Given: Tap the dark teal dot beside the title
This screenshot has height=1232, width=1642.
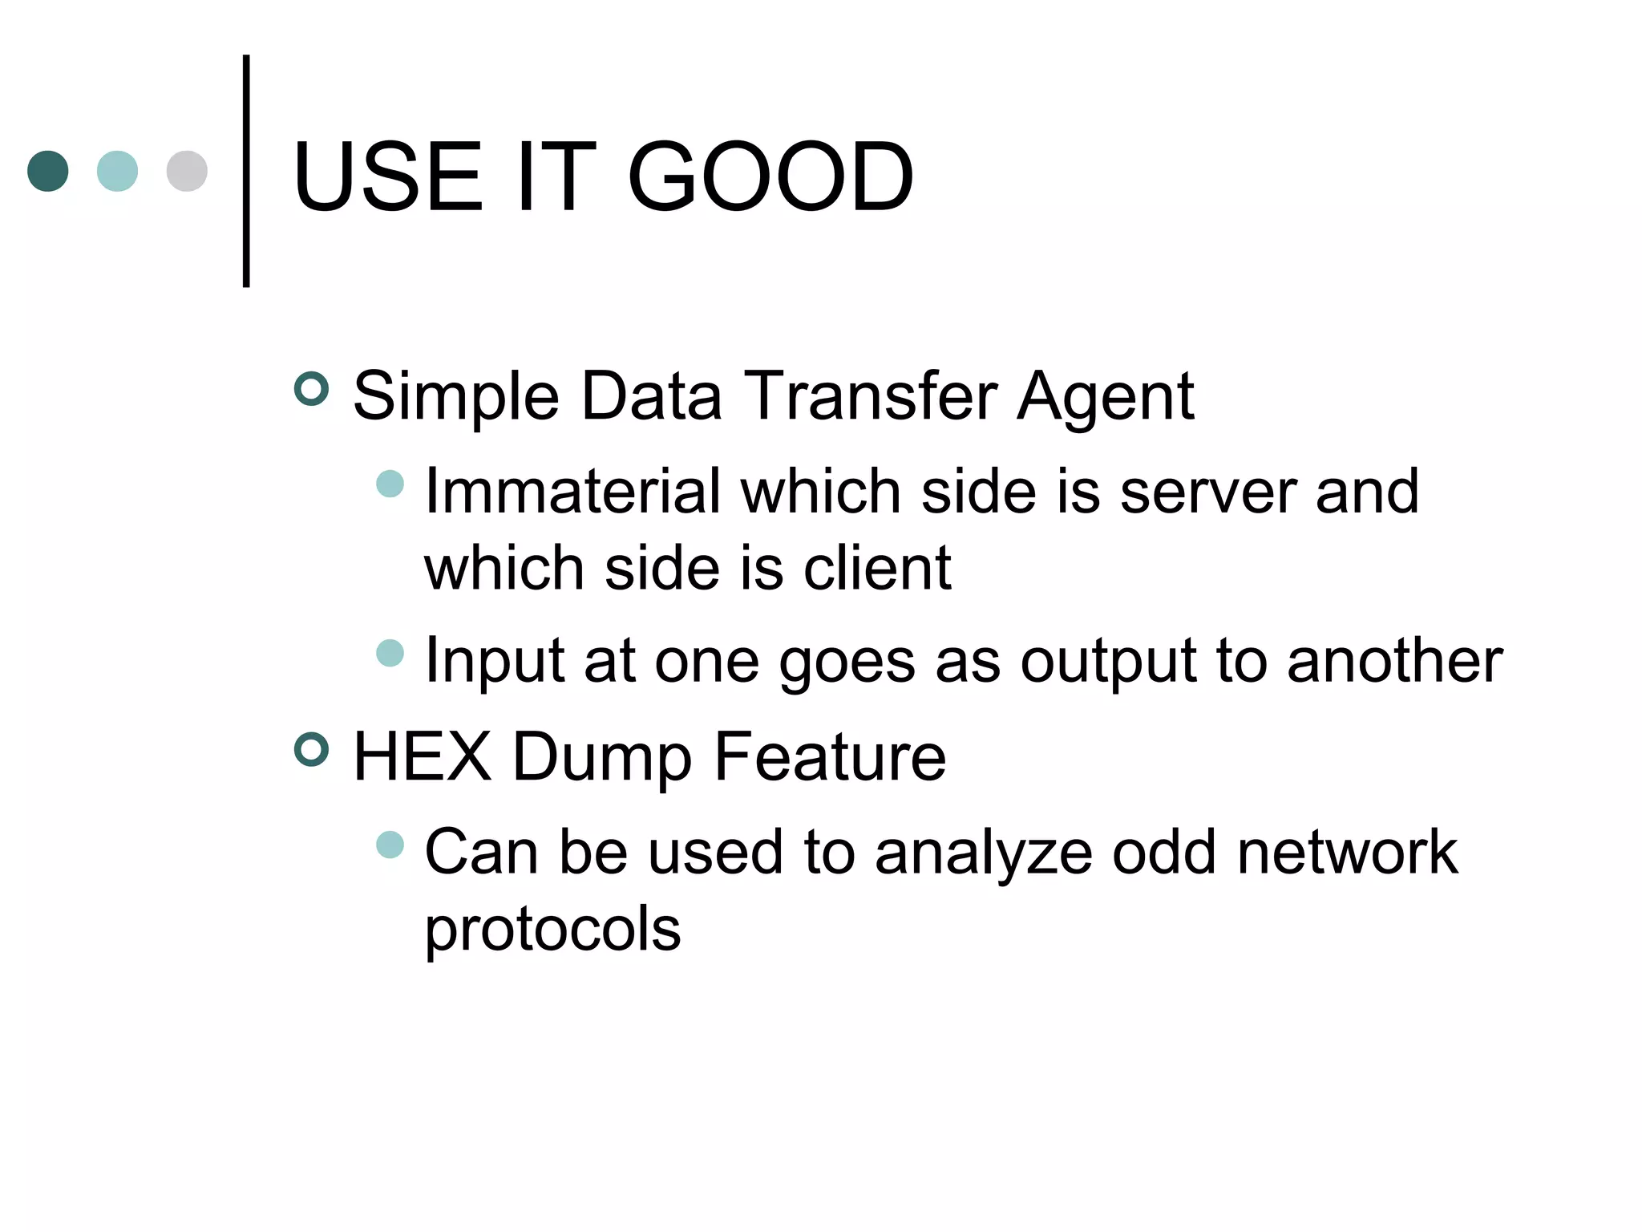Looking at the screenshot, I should tap(48, 171).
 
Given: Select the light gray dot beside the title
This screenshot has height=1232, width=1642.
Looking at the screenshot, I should tap(187, 171).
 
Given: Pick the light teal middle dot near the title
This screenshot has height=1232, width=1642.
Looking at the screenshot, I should tap(117, 171).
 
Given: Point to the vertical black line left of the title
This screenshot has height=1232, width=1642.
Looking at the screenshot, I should tap(246, 171).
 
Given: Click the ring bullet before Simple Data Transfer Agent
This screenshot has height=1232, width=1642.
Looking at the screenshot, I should tap(312, 389).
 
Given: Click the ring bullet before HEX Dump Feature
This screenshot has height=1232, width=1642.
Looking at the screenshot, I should tap(312, 750).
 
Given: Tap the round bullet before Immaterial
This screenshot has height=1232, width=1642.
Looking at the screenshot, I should tap(390, 484).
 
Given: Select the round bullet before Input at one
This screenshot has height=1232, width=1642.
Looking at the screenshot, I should tap(390, 653).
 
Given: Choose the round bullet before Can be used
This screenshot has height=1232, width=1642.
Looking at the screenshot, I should tap(390, 845).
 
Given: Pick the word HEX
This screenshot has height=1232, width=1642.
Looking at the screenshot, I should tap(422, 756).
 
